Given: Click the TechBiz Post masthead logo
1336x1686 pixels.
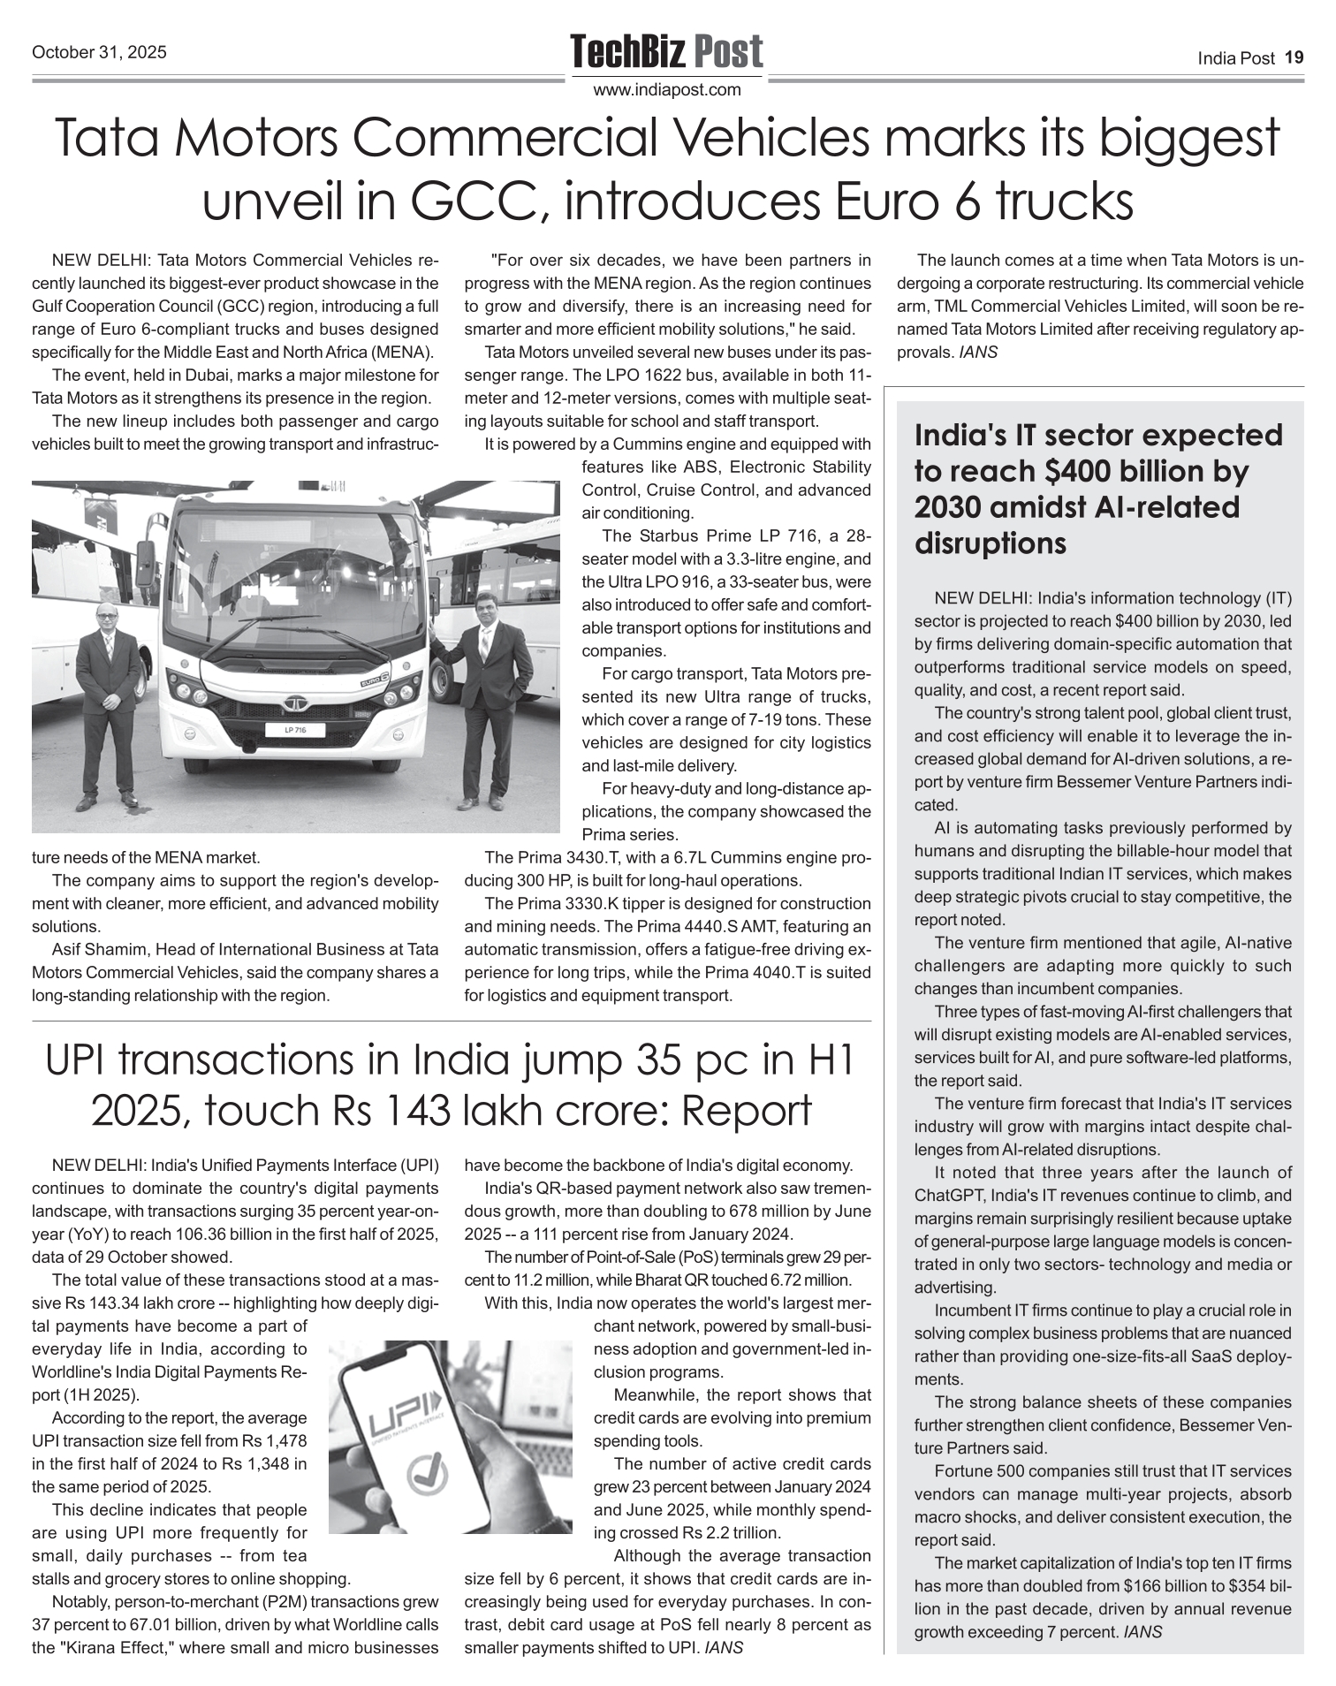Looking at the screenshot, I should pyautogui.click(x=666, y=51).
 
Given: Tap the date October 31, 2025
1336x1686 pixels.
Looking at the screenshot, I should pyautogui.click(x=99, y=53).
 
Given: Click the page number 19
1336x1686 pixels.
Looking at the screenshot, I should pyautogui.click(x=1294, y=57).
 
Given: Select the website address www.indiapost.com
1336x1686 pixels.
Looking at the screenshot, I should pyautogui.click(x=667, y=90).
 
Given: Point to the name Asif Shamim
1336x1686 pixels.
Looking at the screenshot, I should pyautogui.click(x=99, y=950).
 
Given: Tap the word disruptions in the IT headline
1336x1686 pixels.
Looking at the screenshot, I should pyautogui.click(x=991, y=544).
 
